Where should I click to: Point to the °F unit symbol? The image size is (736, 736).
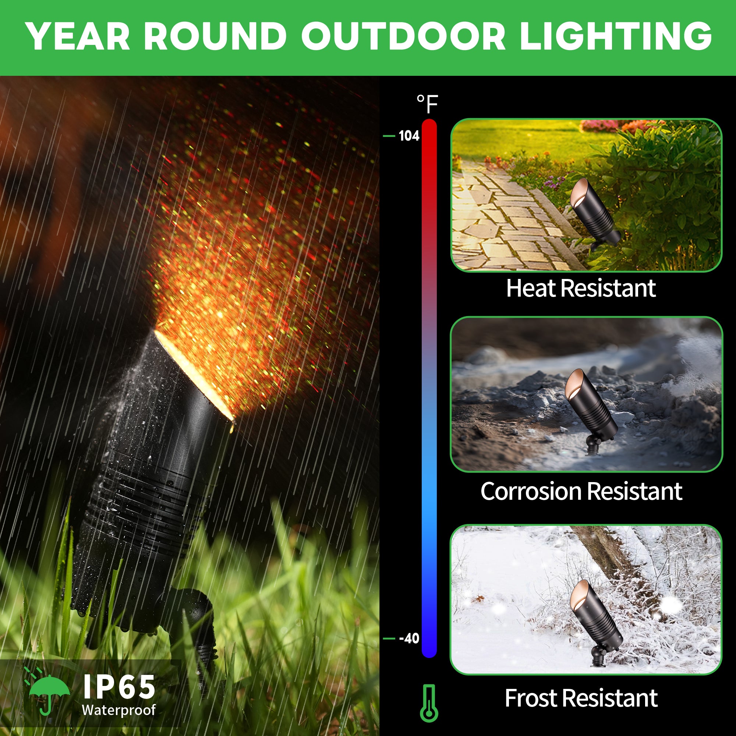(427, 104)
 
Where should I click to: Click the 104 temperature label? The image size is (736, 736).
(409, 136)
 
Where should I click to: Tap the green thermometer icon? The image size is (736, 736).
(429, 703)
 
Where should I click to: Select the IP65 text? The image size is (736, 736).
(119, 687)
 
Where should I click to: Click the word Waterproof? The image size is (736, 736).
(119, 711)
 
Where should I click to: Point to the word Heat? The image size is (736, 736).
(531, 289)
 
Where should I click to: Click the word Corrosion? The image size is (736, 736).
(531, 491)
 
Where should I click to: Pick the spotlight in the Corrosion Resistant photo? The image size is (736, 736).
(590, 411)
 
